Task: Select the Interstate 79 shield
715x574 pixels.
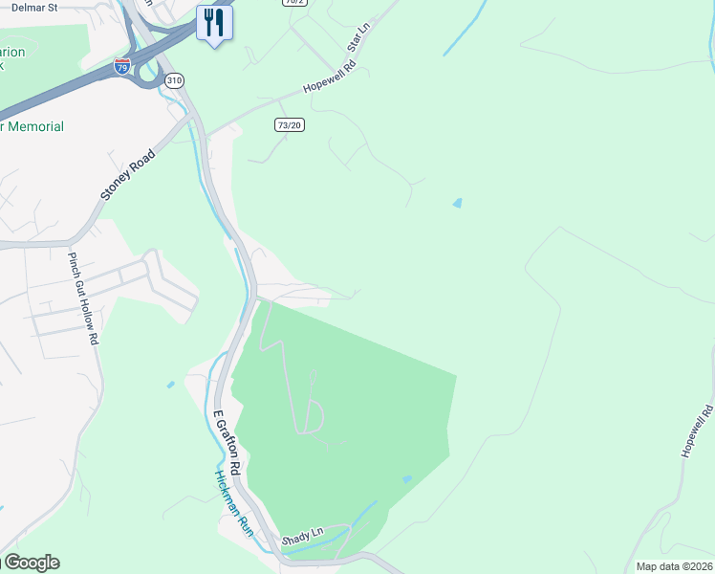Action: click(122, 66)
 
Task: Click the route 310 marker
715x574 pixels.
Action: click(173, 80)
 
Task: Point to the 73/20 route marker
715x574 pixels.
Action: click(289, 124)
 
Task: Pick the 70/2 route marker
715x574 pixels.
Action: click(295, 2)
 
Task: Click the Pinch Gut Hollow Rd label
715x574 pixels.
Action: click(83, 298)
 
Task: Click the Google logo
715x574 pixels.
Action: click(31, 563)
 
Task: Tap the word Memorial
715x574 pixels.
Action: click(35, 127)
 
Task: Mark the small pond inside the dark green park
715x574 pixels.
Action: click(408, 478)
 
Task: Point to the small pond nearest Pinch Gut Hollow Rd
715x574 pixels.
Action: click(170, 385)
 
